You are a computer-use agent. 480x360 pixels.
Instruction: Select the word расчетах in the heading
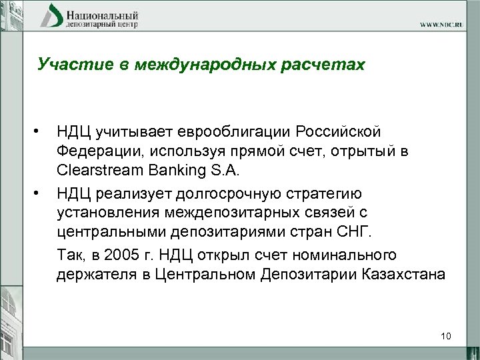click(x=328, y=65)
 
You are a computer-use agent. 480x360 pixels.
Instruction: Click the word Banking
click(x=174, y=171)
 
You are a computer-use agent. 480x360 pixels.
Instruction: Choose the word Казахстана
click(x=402, y=275)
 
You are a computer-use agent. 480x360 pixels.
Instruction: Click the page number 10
click(x=446, y=336)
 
